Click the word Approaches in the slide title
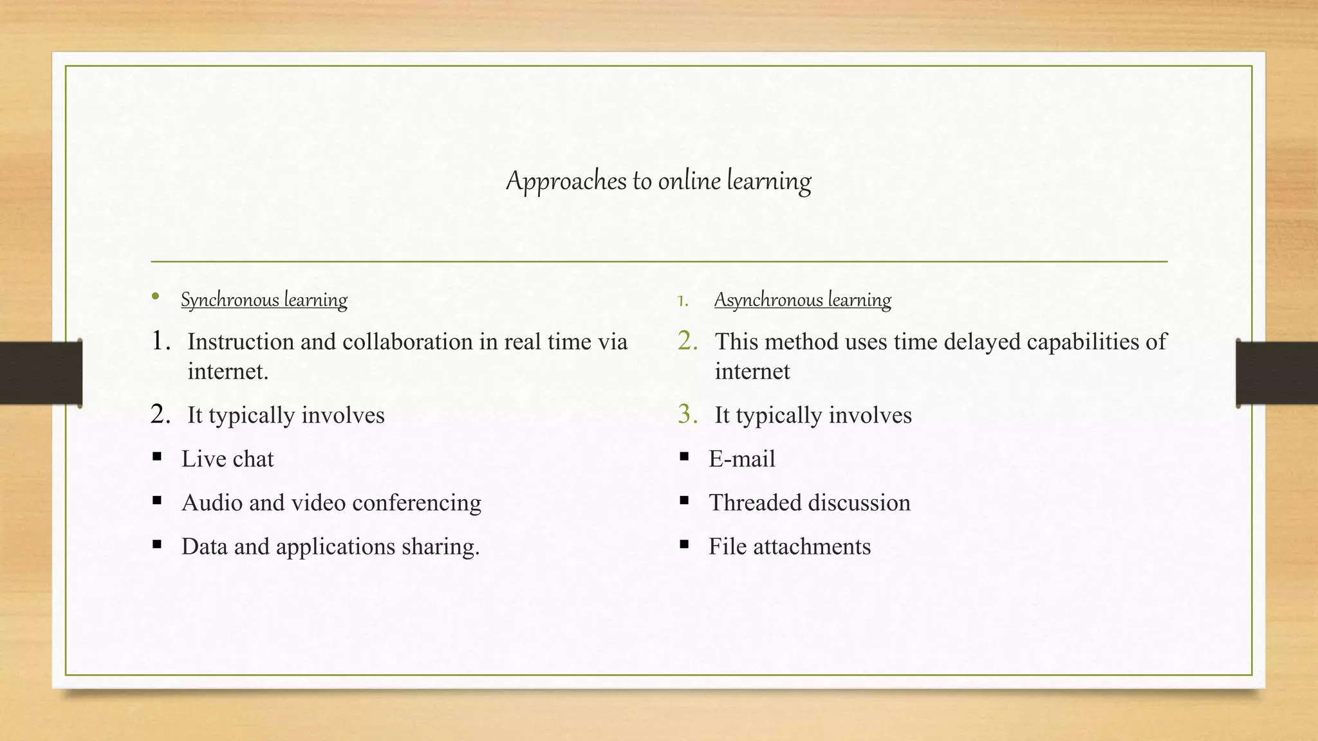coord(566,181)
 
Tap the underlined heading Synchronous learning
coord(264,300)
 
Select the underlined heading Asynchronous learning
coord(803,300)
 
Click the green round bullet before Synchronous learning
coord(155,297)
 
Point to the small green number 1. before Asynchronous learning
coord(682,301)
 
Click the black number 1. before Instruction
coord(160,341)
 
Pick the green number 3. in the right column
coord(687,414)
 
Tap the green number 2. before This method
coord(687,341)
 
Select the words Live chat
coord(227,459)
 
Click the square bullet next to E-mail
coord(684,457)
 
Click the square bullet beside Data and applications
coord(157,544)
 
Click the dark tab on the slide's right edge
coord(1277,373)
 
